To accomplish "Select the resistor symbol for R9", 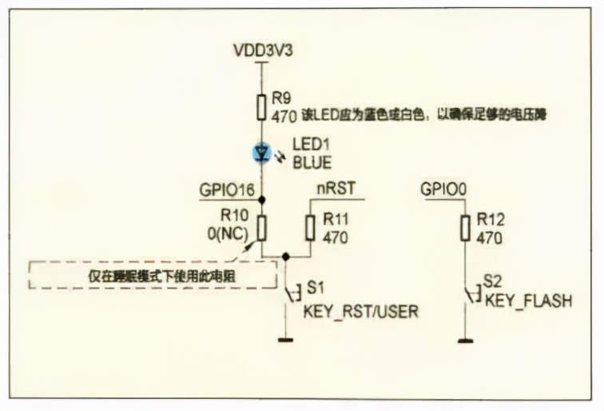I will pos(262,107).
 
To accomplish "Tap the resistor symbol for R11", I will pos(310,227).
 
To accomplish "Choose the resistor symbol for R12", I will pos(464,227).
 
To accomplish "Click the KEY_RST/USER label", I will pos(360,311).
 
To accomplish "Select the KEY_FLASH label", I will pos(527,301).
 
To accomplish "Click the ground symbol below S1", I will pos(285,340).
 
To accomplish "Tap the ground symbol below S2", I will pos(464,340).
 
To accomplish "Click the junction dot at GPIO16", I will pos(262,200).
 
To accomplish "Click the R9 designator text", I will pos(280,98).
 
